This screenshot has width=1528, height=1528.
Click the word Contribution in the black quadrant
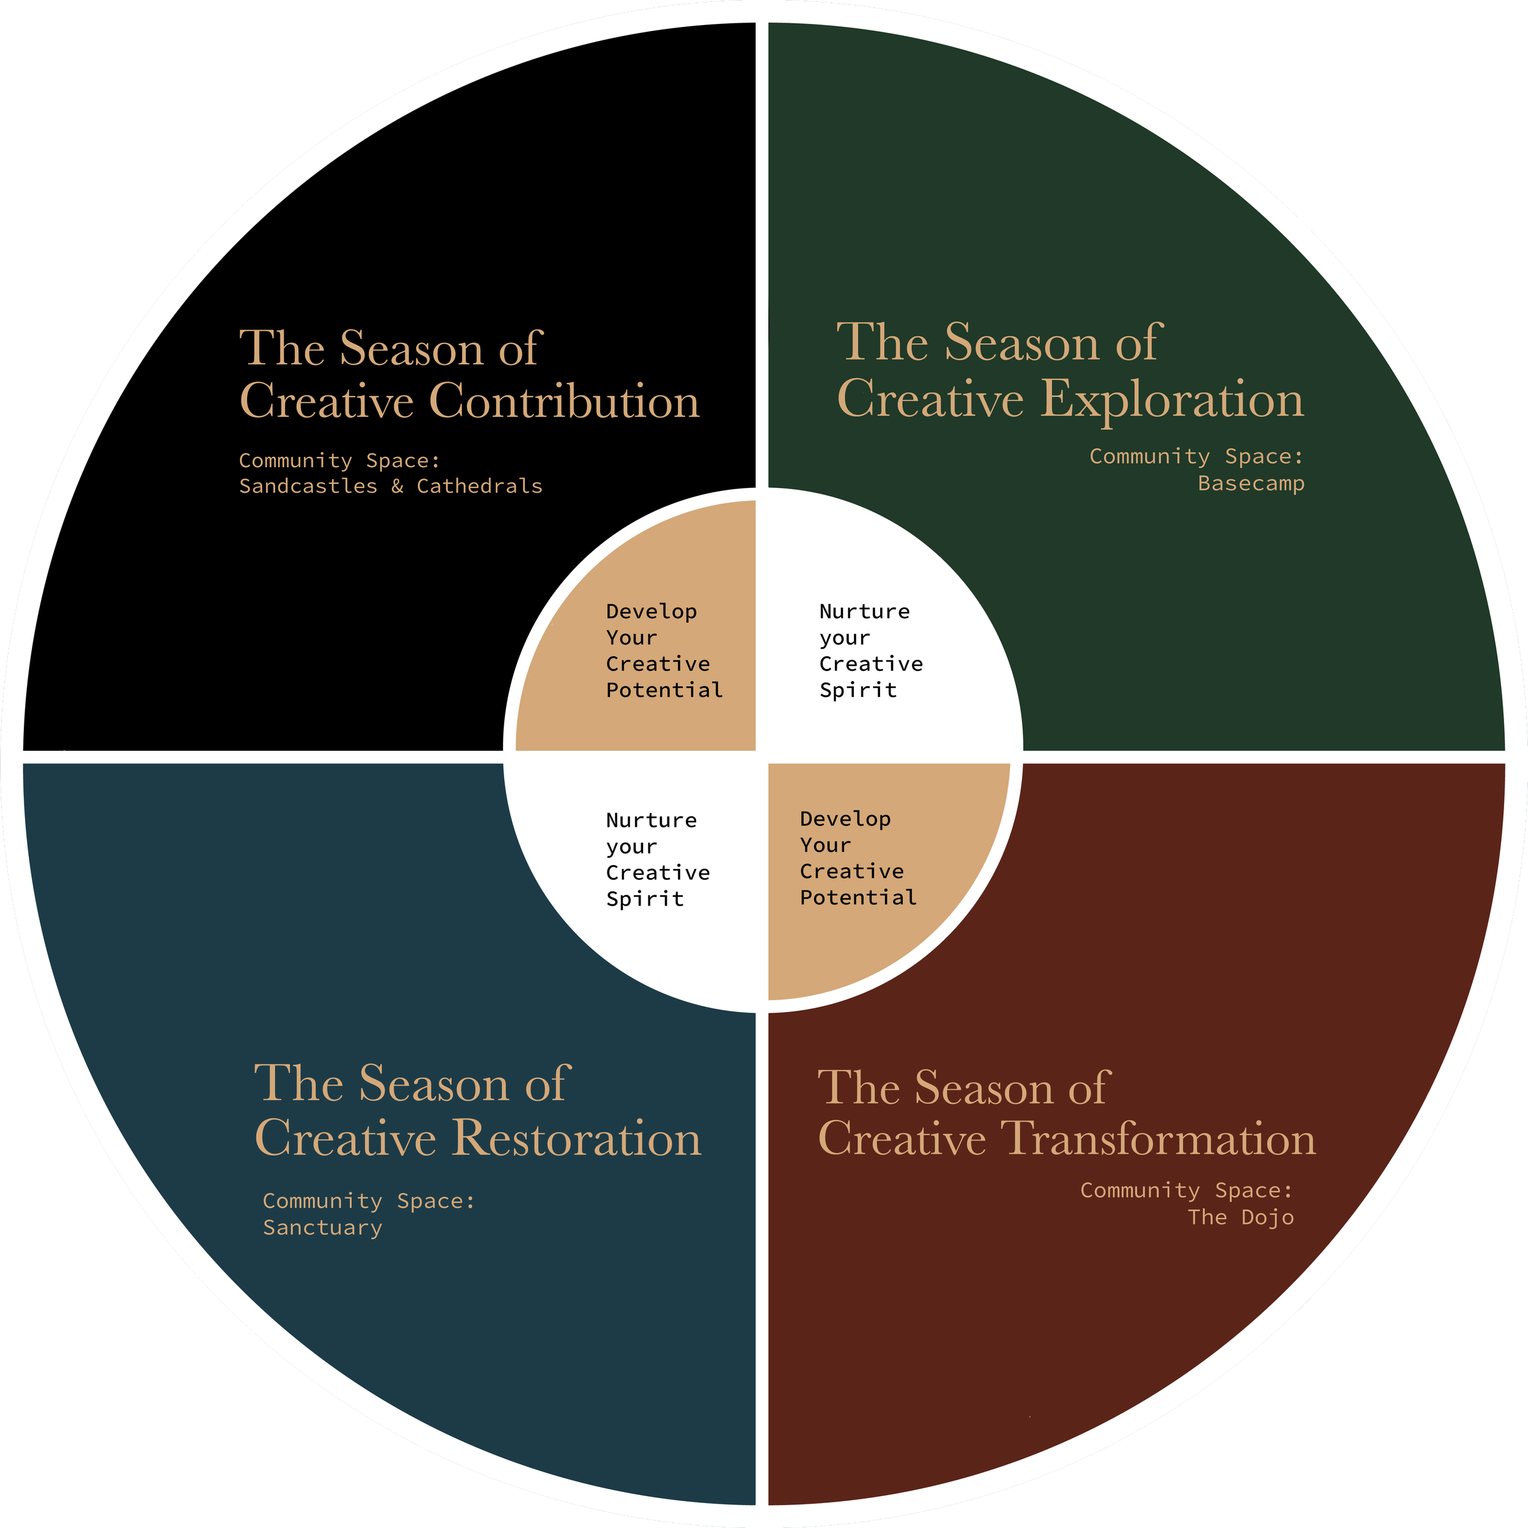click(564, 400)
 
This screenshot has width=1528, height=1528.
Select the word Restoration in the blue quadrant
click(578, 1138)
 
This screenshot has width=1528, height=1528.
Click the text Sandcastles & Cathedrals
click(391, 486)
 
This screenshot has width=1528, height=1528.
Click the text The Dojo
click(1240, 1217)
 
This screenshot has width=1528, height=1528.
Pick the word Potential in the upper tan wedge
click(664, 690)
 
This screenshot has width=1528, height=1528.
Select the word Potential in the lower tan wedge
click(858, 898)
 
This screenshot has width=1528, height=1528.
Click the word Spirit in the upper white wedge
click(858, 690)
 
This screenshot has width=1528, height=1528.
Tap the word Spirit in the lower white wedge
click(645, 899)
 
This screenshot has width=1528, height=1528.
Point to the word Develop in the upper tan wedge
click(652, 611)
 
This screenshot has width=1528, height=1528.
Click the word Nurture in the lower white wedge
click(652, 821)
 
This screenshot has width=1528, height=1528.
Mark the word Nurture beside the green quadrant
click(864, 611)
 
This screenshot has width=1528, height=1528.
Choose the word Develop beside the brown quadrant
click(845, 819)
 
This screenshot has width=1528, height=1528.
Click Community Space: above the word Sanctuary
click(369, 1201)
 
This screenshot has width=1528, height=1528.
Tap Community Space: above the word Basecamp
click(1196, 457)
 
